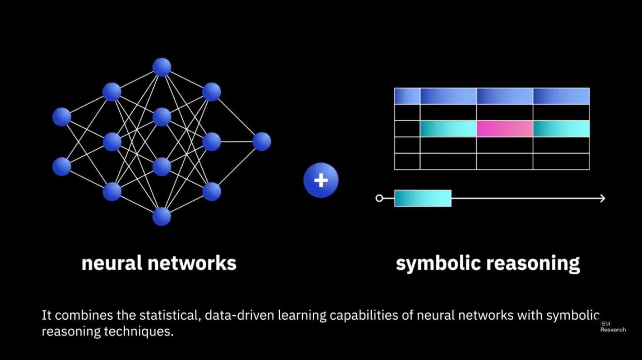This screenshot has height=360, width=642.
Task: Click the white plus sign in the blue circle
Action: coord(321,180)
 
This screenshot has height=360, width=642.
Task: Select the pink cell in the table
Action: coord(504,129)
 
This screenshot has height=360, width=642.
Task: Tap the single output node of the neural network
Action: coord(262,141)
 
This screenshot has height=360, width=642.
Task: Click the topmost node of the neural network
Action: coord(162,67)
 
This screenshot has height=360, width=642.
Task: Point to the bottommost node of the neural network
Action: coord(162,216)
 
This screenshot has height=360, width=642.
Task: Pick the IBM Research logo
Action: coord(613,327)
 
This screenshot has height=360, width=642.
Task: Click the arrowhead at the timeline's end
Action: coord(602,198)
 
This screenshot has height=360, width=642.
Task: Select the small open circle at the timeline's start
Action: coord(379,198)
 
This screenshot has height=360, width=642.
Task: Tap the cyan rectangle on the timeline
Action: coord(423,198)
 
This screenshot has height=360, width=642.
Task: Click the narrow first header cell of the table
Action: coord(407,96)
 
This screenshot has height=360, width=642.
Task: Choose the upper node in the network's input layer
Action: coord(62,117)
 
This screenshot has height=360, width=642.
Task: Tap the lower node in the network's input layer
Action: coord(62,166)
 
